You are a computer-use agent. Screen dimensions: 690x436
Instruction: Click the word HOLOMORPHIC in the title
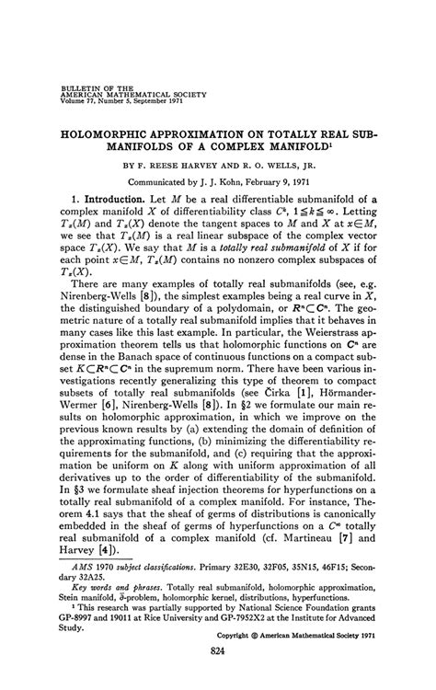pos(118,132)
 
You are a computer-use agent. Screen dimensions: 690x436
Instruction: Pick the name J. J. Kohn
pos(234,181)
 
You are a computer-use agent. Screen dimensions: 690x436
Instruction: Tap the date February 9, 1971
pos(304,181)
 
